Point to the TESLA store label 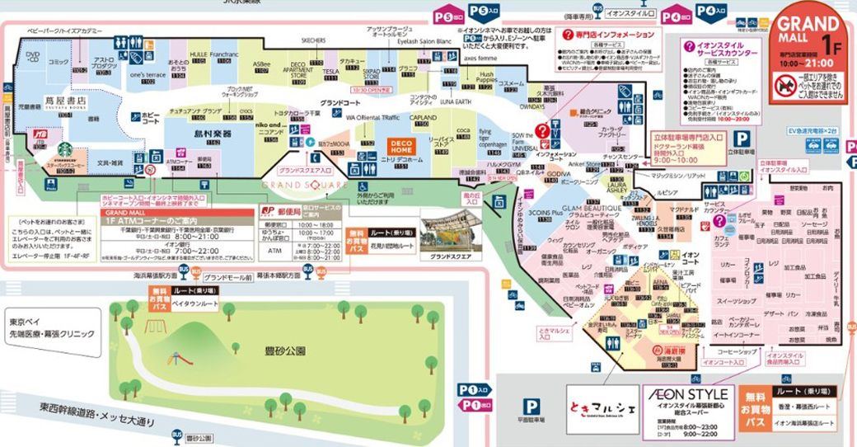330,72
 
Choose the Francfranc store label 222,55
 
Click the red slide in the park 175,359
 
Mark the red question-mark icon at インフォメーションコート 542,131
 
